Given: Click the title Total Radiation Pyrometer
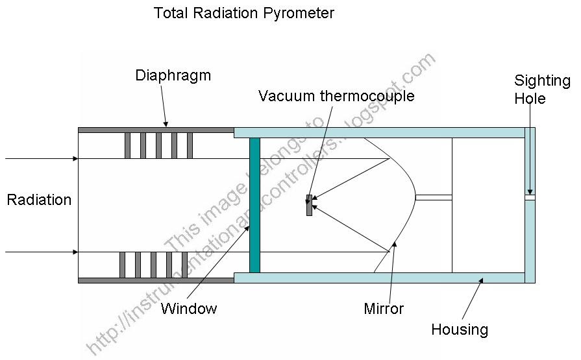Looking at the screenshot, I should point(243,13).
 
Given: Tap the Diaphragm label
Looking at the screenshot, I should point(173,75).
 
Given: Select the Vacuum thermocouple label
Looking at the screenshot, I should point(336,97).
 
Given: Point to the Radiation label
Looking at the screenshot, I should point(39,200).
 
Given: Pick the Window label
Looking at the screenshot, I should point(188,308).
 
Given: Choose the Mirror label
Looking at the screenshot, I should point(384,308).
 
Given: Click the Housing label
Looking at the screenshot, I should point(460,329).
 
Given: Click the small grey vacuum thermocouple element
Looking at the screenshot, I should point(309,205).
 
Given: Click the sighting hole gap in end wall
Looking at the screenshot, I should point(530,197).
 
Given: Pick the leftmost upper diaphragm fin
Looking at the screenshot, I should point(127,145).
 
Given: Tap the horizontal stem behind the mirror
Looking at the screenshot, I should point(433,197).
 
